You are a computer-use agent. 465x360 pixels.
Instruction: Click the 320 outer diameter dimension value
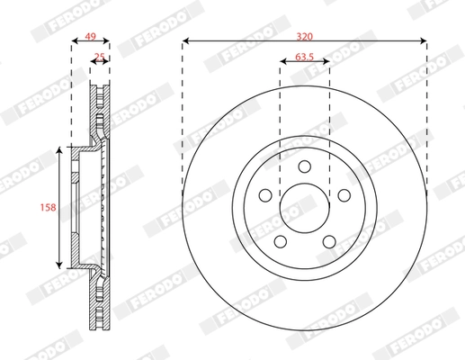click(x=304, y=35)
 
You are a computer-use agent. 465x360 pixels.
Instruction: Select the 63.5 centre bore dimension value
click(x=304, y=58)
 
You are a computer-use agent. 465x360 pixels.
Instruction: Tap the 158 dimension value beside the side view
click(x=49, y=208)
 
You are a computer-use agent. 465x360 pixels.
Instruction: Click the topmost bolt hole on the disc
click(x=304, y=166)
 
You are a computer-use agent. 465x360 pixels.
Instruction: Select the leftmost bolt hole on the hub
click(x=265, y=194)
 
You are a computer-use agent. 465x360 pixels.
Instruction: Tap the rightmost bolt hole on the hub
click(x=343, y=194)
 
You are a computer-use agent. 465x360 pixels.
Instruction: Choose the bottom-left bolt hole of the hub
click(x=280, y=240)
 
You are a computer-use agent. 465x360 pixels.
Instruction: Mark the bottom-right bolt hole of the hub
click(x=328, y=240)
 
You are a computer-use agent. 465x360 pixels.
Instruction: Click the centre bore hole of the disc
click(x=304, y=206)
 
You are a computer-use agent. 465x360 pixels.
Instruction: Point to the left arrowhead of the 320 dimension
click(x=185, y=40)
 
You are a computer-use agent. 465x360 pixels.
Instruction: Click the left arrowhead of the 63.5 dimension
click(x=282, y=64)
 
